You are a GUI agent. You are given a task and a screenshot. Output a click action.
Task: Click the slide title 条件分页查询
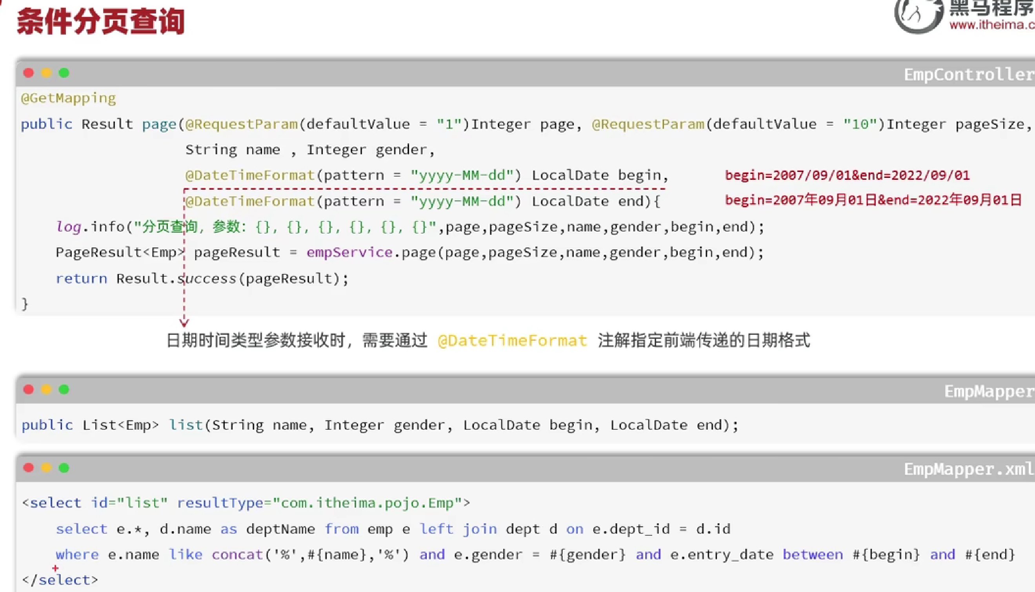[101, 21]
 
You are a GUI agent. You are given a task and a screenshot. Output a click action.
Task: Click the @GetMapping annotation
[68, 99]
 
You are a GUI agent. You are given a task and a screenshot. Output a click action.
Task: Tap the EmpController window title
[968, 75]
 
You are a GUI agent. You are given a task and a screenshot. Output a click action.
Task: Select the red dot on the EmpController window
[28, 73]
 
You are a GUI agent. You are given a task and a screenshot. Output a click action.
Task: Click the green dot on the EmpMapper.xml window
[64, 468]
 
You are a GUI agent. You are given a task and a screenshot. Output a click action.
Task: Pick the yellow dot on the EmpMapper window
[46, 390]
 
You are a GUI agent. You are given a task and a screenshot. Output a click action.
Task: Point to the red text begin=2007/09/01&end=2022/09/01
[847, 175]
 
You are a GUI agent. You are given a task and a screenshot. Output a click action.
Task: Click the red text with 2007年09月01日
[873, 200]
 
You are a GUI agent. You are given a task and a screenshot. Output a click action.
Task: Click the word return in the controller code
[81, 278]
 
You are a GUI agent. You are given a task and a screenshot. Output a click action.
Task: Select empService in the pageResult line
[349, 252]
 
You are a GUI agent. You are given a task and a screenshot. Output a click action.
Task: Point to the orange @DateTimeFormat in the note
[512, 340]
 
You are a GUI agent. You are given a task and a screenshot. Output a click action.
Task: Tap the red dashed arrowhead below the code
[184, 323]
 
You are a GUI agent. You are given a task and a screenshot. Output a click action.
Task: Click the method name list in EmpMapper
[186, 425]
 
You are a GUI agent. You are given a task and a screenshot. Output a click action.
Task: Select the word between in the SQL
[812, 555]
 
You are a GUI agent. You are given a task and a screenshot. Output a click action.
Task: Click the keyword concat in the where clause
[237, 555]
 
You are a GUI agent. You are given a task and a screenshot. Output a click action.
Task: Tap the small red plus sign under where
[55, 568]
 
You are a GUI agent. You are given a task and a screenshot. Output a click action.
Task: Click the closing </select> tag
[60, 580]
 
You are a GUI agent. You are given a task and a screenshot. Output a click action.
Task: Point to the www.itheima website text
[991, 25]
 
